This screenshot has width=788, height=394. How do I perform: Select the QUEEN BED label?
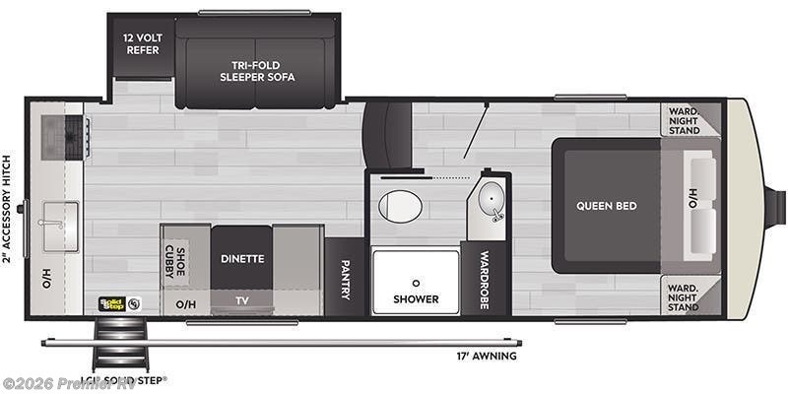coord(607,206)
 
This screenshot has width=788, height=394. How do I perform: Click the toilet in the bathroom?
coord(401,206)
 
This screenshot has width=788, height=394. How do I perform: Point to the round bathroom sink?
coord(489,201)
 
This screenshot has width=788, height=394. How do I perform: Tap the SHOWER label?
coord(415,298)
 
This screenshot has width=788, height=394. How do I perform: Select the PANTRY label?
coord(345,278)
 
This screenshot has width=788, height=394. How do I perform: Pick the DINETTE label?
coord(242,259)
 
